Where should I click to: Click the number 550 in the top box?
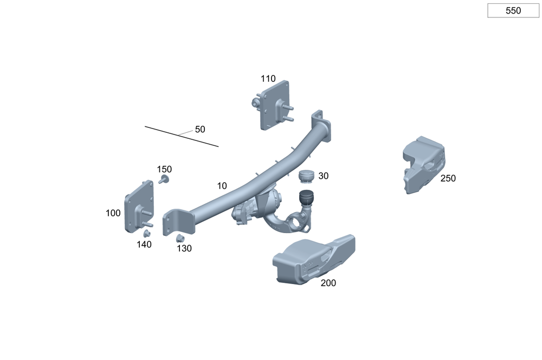point(513,11)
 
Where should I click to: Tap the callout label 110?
point(268,79)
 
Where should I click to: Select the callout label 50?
point(200,130)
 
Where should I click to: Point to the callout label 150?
point(164,170)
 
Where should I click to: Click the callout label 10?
point(222,186)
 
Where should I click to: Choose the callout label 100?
point(113,213)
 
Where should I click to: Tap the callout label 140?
point(144,245)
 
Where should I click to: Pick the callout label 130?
point(184,248)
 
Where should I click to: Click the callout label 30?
point(323,176)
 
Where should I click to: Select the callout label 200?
point(328,283)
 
